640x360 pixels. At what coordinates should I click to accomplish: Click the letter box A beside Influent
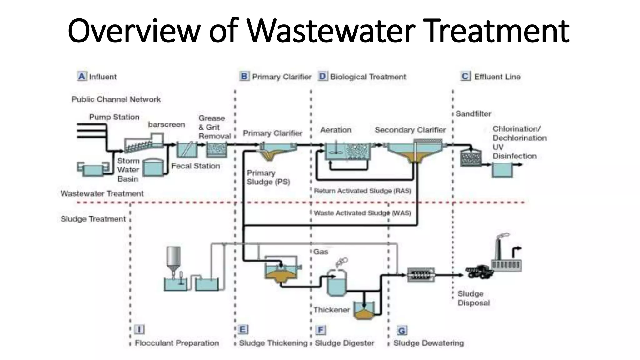[82, 76]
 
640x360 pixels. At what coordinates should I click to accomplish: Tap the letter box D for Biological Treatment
[323, 76]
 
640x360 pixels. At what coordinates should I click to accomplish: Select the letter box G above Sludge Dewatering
[402, 331]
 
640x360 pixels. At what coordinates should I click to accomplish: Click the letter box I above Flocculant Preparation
[139, 330]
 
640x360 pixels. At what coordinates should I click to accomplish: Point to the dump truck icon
[479, 272]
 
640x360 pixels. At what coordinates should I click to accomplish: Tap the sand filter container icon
[470, 158]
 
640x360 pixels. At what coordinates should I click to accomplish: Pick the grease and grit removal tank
[216, 150]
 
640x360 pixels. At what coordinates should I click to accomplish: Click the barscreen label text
[166, 124]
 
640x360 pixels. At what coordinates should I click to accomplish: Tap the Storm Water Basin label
[128, 170]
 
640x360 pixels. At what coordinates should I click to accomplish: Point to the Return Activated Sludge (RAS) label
[362, 191]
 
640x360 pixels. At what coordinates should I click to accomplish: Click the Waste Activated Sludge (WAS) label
[362, 213]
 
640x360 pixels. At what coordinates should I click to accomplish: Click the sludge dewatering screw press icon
[421, 275]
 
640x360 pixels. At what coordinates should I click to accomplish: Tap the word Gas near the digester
[321, 252]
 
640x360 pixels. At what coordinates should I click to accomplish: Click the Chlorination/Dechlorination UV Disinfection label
[519, 142]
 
